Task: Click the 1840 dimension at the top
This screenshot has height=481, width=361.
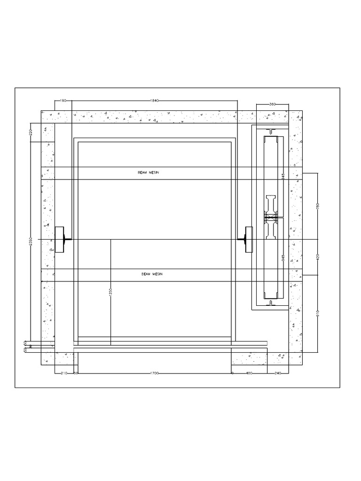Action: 154,101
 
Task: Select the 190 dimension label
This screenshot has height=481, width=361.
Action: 63,101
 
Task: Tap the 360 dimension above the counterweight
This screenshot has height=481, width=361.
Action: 272,104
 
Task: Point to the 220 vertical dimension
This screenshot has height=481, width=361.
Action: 31,132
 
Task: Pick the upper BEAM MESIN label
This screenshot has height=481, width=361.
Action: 149,173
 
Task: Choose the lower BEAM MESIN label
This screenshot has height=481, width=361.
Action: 151,274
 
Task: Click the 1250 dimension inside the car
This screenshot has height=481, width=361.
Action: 111,292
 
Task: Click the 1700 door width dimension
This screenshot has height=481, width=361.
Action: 154,373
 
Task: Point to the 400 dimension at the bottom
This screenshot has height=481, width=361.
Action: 249,373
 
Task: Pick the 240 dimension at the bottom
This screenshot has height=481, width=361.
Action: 278,373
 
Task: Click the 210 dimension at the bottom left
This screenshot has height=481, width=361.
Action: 64,373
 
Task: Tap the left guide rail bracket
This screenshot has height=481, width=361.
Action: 61,240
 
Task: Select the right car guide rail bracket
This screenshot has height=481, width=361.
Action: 248,240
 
